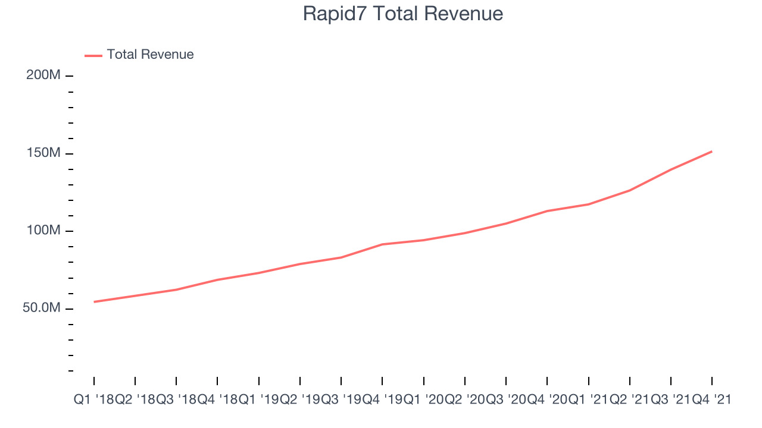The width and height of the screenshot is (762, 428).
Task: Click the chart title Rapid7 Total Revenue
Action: pyautogui.click(x=403, y=14)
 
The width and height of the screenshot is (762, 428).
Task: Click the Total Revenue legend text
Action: pyautogui.click(x=150, y=54)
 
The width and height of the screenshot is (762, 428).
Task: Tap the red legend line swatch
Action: pyautogui.click(x=93, y=56)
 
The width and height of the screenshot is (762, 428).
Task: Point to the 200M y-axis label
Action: pyautogui.click(x=43, y=75)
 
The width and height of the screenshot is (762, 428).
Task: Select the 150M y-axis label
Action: pyautogui.click(x=43, y=153)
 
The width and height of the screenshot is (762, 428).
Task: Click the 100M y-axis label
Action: pyautogui.click(x=43, y=230)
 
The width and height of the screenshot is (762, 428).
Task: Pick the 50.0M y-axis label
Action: pyautogui.click(x=42, y=308)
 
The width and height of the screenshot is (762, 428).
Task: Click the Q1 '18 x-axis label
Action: pyautogui.click(x=94, y=399)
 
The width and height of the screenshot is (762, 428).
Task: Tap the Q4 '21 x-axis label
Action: pyautogui.click(x=711, y=399)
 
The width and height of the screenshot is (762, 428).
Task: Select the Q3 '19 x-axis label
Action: pyautogui.click(x=341, y=399)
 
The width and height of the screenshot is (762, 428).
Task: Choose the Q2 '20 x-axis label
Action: pyautogui.click(x=465, y=399)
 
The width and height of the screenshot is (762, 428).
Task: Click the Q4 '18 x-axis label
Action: pyautogui.click(x=217, y=399)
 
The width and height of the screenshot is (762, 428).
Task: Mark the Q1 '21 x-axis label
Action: pyautogui.click(x=589, y=399)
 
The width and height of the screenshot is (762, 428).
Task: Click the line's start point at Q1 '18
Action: pyautogui.click(x=94, y=301)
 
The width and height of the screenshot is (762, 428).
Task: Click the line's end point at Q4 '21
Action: pyautogui.click(x=711, y=152)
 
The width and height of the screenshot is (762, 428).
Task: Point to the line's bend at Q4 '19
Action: pyautogui.click(x=382, y=244)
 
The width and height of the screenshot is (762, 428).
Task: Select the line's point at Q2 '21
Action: pyautogui.click(x=630, y=190)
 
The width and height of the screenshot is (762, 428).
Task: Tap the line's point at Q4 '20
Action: pyautogui.click(x=547, y=211)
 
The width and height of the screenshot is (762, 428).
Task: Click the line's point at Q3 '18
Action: pyautogui.click(x=176, y=289)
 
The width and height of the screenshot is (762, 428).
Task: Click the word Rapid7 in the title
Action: pyautogui.click(x=335, y=14)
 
